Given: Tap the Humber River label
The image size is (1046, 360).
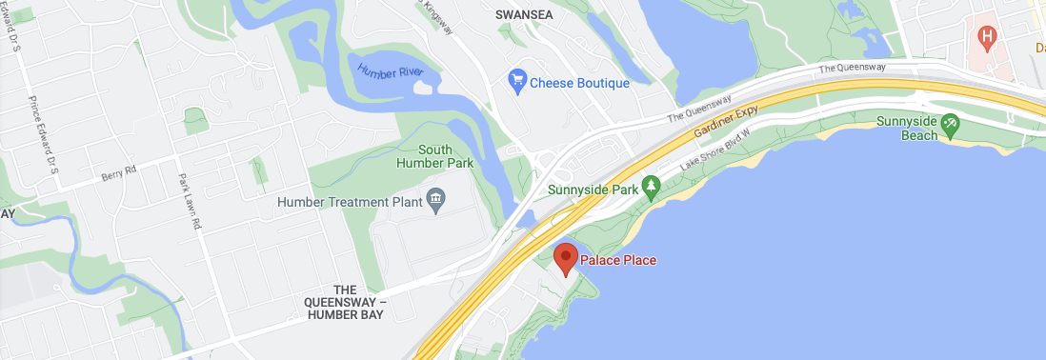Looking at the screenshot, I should click(x=392, y=70).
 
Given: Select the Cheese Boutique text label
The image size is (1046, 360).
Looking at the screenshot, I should click(x=579, y=83).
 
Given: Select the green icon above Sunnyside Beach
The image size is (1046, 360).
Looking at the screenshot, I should click(x=949, y=124).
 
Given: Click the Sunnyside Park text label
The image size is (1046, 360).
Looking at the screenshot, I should click(x=593, y=190).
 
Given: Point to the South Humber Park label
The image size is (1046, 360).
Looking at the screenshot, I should click(x=446, y=156).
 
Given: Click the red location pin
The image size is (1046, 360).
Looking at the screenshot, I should click(x=566, y=258).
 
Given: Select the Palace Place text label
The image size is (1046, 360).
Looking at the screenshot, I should click(x=618, y=260).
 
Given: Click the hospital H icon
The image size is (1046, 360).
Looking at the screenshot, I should click(x=988, y=37).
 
